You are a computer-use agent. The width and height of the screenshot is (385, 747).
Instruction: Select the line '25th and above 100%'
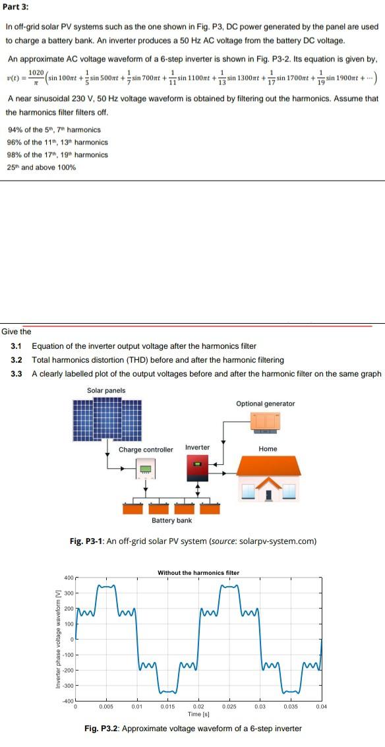click(x=41, y=167)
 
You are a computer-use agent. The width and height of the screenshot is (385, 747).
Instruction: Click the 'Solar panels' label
click(x=106, y=390)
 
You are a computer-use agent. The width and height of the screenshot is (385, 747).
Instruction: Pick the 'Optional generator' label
click(x=265, y=403)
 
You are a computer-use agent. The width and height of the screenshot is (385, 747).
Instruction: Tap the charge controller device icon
click(x=146, y=471)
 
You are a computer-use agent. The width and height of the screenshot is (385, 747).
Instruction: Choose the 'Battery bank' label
click(x=172, y=520)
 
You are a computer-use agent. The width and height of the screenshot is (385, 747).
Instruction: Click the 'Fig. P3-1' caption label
click(x=86, y=541)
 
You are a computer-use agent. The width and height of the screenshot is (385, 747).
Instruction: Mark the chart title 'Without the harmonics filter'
click(x=198, y=572)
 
